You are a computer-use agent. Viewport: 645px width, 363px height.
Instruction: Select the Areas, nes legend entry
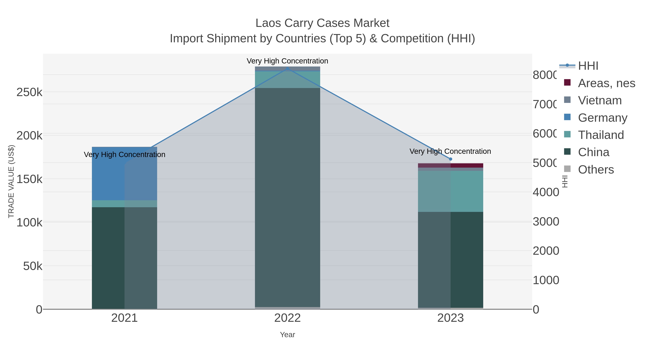click(x=606, y=83)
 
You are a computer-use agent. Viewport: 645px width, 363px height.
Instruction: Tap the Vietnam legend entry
click(x=600, y=100)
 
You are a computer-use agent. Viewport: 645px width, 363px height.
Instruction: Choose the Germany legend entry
click(x=602, y=118)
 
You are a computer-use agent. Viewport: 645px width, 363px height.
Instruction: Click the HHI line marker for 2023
click(x=450, y=159)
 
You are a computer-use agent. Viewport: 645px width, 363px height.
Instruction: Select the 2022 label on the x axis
click(x=287, y=318)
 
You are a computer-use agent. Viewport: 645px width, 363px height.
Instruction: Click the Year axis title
click(x=287, y=335)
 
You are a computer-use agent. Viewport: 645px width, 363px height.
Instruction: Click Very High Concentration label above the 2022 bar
click(x=287, y=61)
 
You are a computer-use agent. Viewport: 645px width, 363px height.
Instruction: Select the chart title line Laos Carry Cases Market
click(x=322, y=23)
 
